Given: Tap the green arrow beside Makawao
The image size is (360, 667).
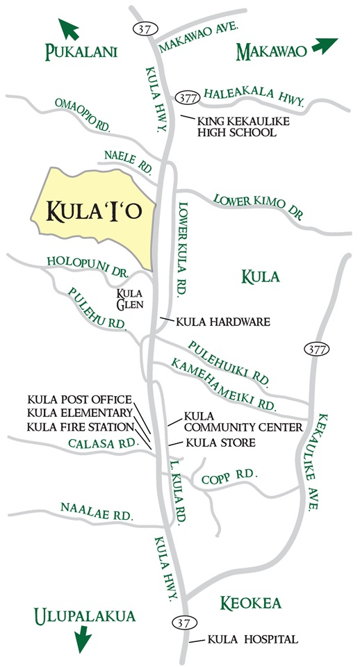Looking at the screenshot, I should (x=324, y=46).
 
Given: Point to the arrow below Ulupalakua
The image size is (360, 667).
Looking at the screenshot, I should (x=82, y=636).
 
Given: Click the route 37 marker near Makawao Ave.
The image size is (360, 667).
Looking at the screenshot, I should (x=142, y=28).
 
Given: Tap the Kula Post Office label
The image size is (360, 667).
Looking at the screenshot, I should (x=79, y=400).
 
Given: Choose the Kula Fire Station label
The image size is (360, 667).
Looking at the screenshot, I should (x=81, y=426).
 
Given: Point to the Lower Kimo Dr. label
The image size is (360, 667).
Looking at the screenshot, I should (x=258, y=206).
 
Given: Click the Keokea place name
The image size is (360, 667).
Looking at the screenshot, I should (x=251, y=603).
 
